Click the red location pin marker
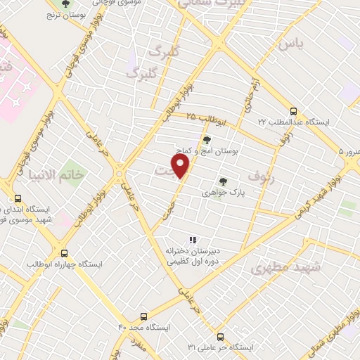click(x=181, y=166)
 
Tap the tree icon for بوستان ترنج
click(x=65, y=4)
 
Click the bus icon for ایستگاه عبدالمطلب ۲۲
click(x=294, y=111)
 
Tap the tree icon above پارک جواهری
click(x=223, y=181)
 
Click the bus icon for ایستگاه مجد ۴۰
click(x=144, y=317)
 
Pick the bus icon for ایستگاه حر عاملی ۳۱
click(x=220, y=337)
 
